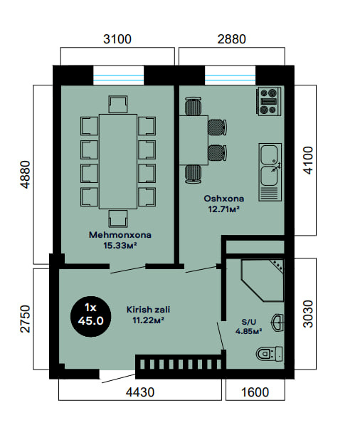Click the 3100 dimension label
tap(117, 39)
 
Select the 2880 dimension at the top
tap(231, 39)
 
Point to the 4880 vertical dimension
tap(25, 174)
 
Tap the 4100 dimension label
tap(308, 160)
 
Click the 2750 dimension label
tap(25, 319)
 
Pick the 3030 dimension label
tap(308, 314)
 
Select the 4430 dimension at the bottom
tap(140, 392)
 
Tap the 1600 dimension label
tap(255, 392)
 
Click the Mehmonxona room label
tap(120, 235)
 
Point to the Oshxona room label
tap(224, 199)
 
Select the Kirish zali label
tap(149, 309)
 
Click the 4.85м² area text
tap(248, 331)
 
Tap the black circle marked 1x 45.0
tap(90, 316)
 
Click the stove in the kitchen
tap(269, 101)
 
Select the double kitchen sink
tap(270, 172)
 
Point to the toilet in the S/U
tap(269, 354)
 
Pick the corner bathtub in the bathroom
tap(262, 280)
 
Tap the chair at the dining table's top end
tap(117, 105)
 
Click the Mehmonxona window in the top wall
tap(119, 75)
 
